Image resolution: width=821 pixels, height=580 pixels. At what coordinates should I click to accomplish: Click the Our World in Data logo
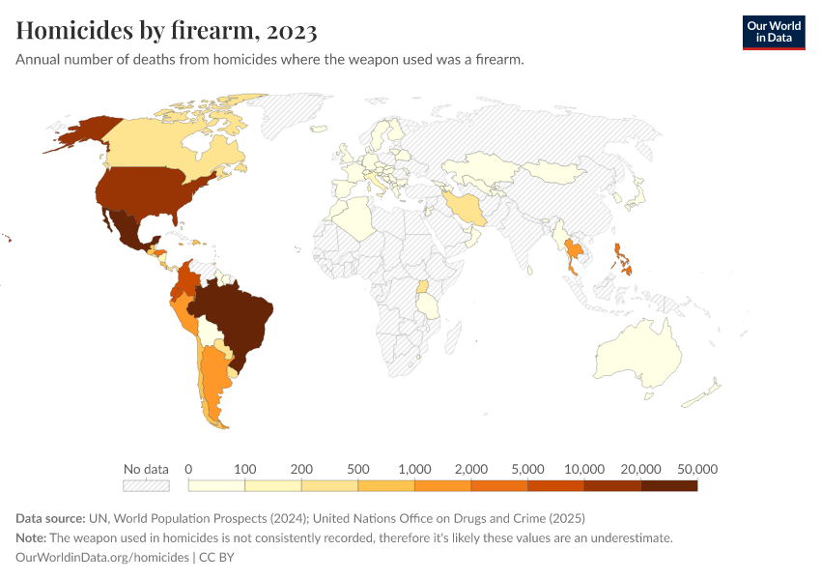pyautogui.click(x=773, y=32)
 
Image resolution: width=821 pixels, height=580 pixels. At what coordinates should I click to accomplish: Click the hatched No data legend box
pyautogui.click(x=146, y=485)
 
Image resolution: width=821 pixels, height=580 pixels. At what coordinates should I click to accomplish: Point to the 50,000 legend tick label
pyautogui.click(x=697, y=469)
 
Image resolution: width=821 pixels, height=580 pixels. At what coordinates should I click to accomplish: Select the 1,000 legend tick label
pyautogui.click(x=414, y=469)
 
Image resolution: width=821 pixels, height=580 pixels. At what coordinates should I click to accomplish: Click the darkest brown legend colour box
pyautogui.click(x=668, y=485)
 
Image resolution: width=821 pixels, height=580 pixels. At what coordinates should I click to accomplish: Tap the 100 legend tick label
pyautogui.click(x=245, y=469)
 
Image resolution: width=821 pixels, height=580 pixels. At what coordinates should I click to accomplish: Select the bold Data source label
pyautogui.click(x=54, y=518)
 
